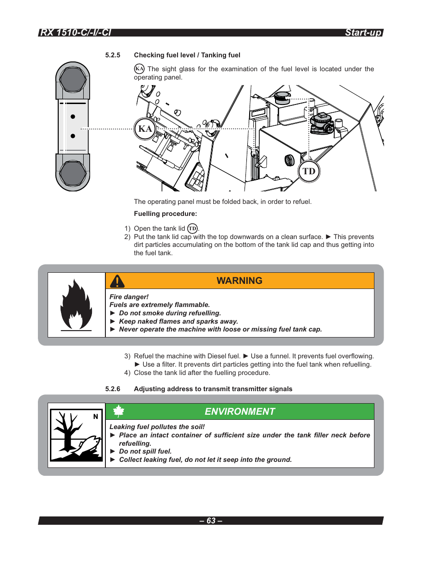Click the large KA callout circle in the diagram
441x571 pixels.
pos(145,129)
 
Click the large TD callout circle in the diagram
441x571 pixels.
pos(309,172)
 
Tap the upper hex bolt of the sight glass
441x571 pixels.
pos(73,79)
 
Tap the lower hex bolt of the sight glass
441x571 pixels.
pos(73,174)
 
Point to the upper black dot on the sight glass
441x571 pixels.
pos(73,117)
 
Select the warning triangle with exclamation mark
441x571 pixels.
pos(117,281)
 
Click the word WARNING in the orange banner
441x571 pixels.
pos(239,281)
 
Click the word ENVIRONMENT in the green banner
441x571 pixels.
pos(239,411)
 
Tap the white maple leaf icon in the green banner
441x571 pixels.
pos(119,411)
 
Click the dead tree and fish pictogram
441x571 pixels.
pos(76,435)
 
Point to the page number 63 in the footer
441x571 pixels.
pos(211,521)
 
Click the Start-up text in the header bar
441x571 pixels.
pos(363,32)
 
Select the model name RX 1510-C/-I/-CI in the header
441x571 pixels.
pos(75,32)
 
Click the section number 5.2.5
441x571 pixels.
pos(113,55)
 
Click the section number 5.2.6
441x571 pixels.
pos(113,389)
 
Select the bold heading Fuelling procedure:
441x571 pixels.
pos(165,214)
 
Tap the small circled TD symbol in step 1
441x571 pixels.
pos(192,228)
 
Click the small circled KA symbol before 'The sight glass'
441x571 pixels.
pos(139,69)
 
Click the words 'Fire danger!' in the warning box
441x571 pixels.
pos(129,297)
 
